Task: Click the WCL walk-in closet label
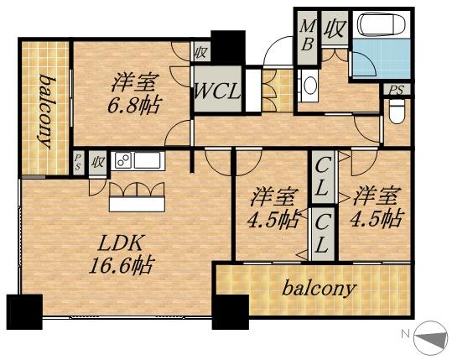tap(218, 91)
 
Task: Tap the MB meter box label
tap(307, 34)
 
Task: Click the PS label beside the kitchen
tap(77, 161)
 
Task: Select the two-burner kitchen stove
tap(122, 160)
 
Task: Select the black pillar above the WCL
tap(227, 44)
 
